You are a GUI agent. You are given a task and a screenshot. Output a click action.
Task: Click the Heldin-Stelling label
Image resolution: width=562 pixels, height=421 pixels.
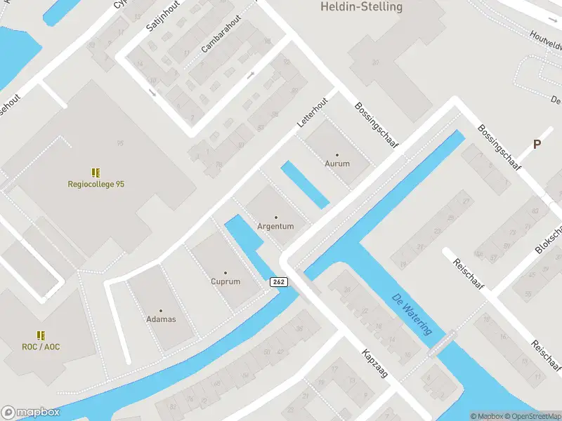click(362, 7)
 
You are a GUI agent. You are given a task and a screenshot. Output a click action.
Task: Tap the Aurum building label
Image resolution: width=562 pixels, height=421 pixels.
click(336, 163)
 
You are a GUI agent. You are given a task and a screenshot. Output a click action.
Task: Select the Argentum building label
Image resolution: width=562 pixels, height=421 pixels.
click(275, 227)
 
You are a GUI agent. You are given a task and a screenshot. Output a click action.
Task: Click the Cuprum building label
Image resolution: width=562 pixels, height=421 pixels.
click(226, 281)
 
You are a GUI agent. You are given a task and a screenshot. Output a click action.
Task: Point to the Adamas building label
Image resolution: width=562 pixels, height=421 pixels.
click(160, 319)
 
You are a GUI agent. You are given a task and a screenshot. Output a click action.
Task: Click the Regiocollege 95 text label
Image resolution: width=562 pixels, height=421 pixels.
click(96, 185)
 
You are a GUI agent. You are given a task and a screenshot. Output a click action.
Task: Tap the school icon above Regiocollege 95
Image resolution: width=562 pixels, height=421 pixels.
click(96, 172)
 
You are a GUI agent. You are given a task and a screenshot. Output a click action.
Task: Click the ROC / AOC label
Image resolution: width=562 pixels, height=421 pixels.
click(41, 347)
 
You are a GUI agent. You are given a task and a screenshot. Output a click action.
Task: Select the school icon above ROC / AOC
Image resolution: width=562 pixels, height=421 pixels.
click(41, 335)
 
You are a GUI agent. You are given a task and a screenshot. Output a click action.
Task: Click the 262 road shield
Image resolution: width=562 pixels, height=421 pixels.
click(279, 281)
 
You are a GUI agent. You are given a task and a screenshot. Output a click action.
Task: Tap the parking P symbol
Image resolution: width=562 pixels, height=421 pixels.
click(537, 145)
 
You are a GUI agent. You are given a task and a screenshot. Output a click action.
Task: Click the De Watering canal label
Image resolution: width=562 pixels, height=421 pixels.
click(412, 314)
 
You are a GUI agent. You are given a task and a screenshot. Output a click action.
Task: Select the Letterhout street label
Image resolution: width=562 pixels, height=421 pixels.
click(313, 112)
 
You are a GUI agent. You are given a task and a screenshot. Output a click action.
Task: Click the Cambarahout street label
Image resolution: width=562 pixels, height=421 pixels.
click(221, 34)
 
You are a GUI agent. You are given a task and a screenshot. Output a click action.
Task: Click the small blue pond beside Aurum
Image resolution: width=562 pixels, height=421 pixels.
click(305, 185)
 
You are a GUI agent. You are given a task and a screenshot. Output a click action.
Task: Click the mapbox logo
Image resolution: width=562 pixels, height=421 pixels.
click(30, 413)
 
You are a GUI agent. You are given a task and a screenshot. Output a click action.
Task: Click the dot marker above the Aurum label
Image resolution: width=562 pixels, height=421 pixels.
click(336, 154)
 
